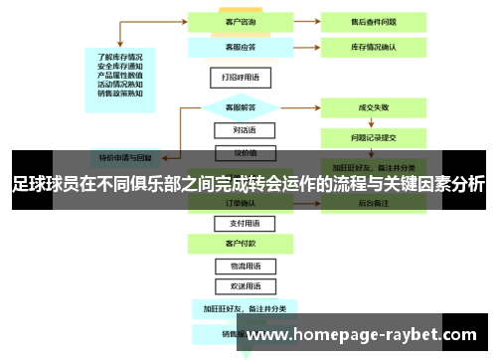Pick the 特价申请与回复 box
point(125,156)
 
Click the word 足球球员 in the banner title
point(43,184)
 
